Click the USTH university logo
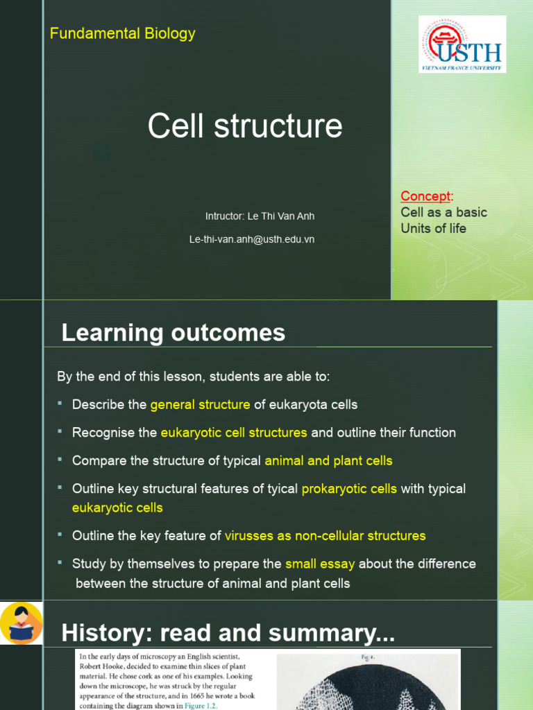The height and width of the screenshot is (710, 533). [x=462, y=44]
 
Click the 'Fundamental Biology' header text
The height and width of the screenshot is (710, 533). [x=122, y=33]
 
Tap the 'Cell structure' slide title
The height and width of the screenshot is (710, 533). [x=245, y=126]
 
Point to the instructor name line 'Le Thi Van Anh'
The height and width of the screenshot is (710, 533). [x=260, y=216]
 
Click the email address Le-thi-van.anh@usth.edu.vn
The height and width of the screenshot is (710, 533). [x=252, y=239]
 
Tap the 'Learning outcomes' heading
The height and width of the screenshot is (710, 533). [x=173, y=333]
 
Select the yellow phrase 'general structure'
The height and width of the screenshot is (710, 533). [x=200, y=404]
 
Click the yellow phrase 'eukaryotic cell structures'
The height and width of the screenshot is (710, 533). [x=234, y=433]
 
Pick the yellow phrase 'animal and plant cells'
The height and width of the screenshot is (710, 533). [x=328, y=460]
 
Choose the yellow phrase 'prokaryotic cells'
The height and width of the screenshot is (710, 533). [x=349, y=489]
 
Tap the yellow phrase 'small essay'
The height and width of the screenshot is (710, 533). [x=320, y=564]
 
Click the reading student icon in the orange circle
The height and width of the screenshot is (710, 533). [x=22, y=623]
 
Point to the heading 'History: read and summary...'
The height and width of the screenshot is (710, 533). [x=228, y=633]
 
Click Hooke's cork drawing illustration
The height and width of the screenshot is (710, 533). [x=368, y=683]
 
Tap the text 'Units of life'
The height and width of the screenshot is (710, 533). [x=433, y=228]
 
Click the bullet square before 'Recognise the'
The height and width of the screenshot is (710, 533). [x=60, y=431]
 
